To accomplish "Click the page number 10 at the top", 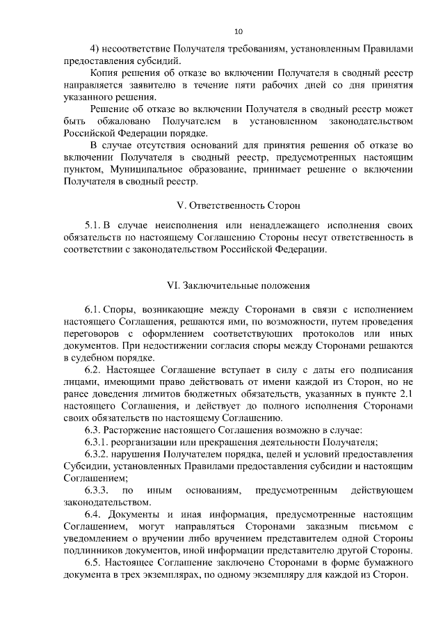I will coord(238,31).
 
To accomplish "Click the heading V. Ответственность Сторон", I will coord(238,206).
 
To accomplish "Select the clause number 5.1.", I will coord(93,227).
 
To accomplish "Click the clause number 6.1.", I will coord(93,307).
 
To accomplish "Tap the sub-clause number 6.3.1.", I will coord(97,443).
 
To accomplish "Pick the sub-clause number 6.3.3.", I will coord(97,491).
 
